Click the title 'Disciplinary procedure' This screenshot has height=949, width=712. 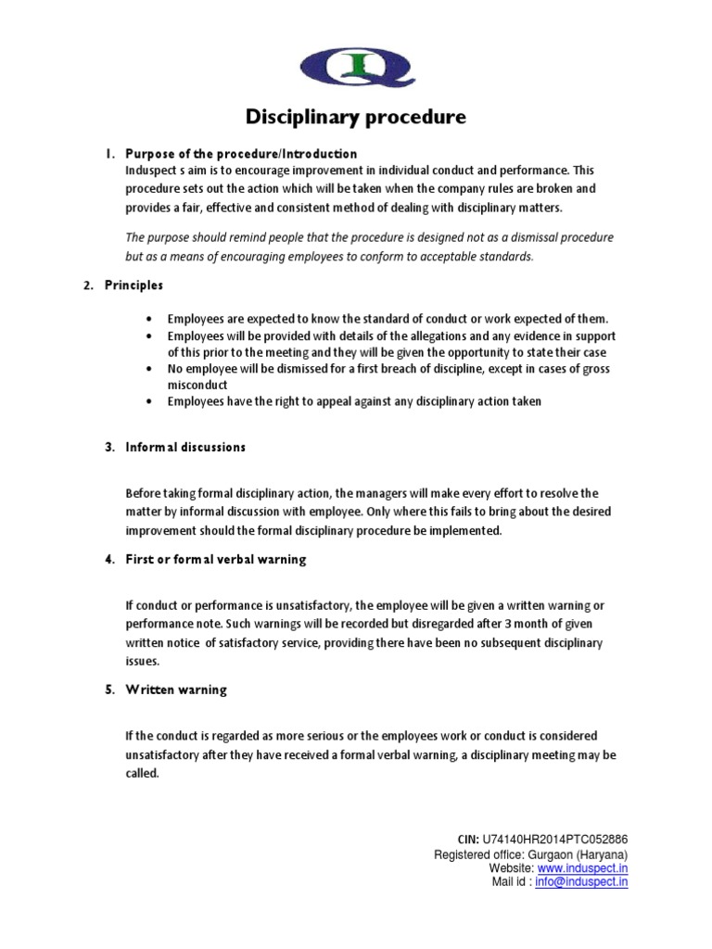(x=356, y=118)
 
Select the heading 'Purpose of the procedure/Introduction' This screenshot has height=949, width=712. (x=241, y=153)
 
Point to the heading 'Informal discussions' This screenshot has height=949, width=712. (x=185, y=447)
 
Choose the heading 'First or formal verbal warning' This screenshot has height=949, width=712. (x=215, y=560)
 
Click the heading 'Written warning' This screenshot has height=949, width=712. (x=176, y=690)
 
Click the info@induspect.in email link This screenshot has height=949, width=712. (x=581, y=882)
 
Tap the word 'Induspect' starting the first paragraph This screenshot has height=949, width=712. (x=151, y=171)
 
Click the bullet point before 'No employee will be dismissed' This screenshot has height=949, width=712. (x=150, y=369)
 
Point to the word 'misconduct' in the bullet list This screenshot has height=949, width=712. (x=197, y=385)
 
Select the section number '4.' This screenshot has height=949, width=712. (x=109, y=560)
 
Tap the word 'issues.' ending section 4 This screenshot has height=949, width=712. (x=143, y=661)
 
